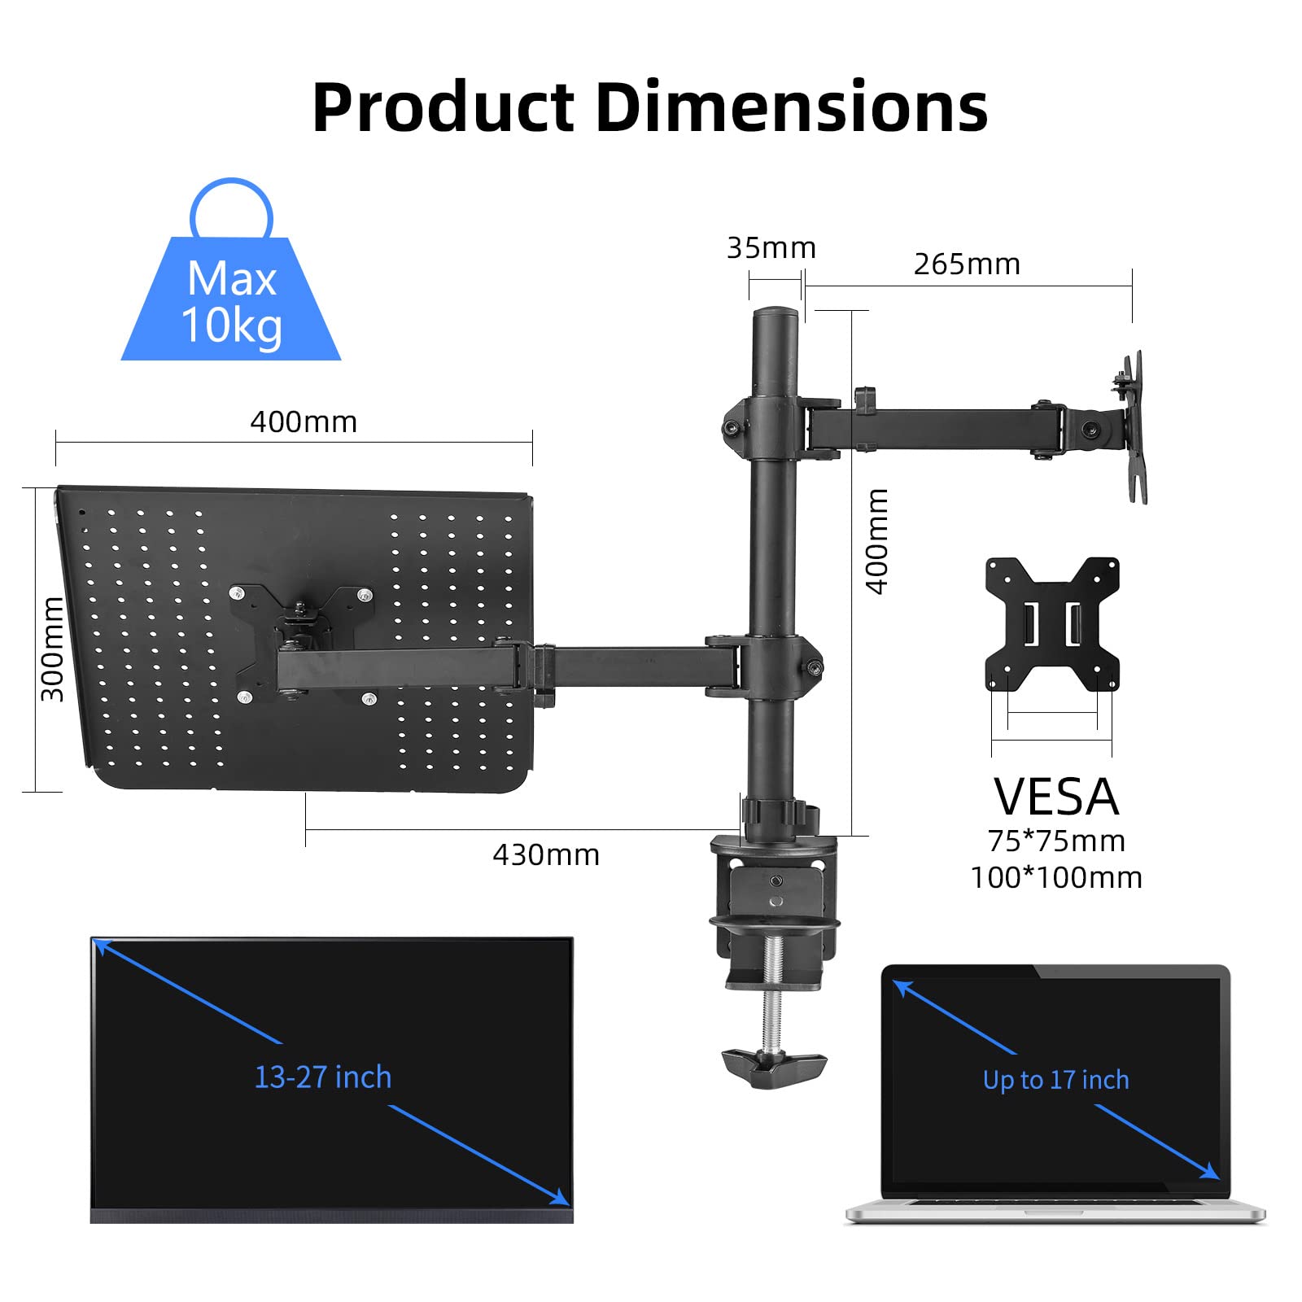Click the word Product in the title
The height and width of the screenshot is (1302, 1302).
443,107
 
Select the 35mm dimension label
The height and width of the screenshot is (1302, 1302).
771,248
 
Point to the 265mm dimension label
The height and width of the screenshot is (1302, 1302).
967,264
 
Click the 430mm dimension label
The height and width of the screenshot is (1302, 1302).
546,855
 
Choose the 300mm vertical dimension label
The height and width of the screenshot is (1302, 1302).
52,649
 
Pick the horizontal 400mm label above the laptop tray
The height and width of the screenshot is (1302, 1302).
304,422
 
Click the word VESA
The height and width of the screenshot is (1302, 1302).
1056,797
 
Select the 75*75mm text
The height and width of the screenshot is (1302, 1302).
1056,841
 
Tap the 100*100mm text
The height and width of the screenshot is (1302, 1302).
1056,878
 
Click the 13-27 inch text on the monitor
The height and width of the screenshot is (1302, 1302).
323,1077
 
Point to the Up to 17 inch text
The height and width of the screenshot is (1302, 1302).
1055,1080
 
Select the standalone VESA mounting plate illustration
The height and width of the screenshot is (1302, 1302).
1052,624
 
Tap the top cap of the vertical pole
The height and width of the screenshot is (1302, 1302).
774,314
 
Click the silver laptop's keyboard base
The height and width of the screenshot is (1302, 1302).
1055,1210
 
